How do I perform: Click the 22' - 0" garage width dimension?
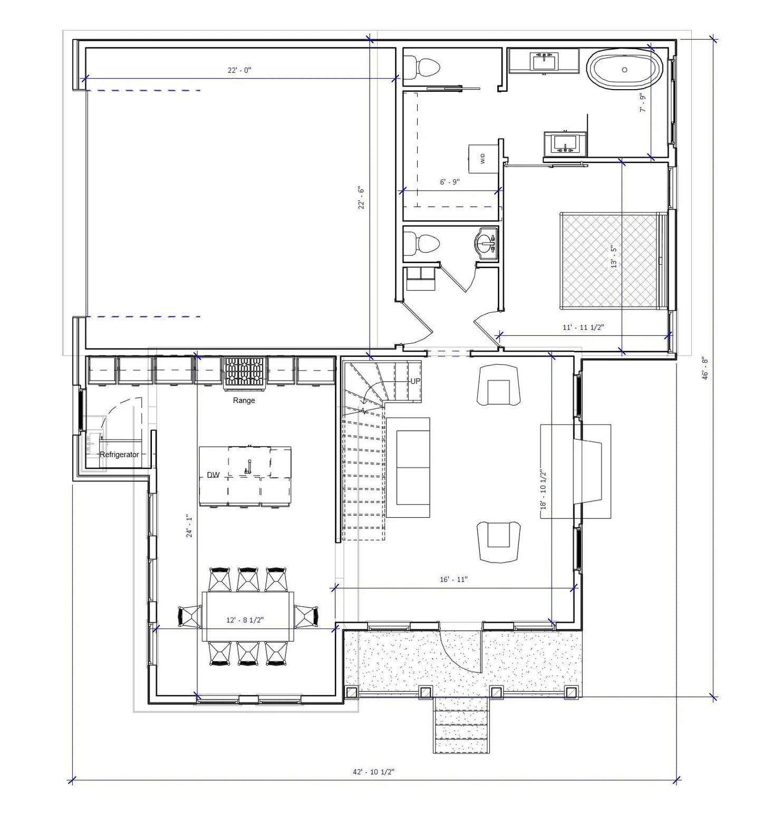tap(239, 70)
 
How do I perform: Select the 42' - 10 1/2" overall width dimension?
tap(373, 771)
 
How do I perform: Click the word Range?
tap(244, 400)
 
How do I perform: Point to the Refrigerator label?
tap(119, 455)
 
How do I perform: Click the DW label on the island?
tap(213, 475)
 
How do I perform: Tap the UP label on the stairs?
tap(416, 381)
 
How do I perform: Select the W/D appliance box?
tap(483, 158)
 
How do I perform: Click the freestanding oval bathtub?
tap(625, 69)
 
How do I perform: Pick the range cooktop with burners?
tap(244, 372)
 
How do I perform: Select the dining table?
tap(248, 616)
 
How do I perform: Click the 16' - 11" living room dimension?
tap(454, 580)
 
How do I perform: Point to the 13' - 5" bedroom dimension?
tap(613, 256)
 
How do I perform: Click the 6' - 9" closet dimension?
tap(449, 182)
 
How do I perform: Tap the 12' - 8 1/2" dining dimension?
tap(245, 620)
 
